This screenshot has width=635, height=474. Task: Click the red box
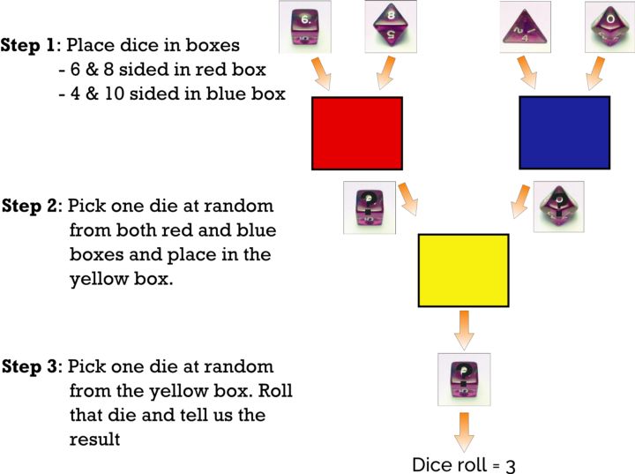point(357,132)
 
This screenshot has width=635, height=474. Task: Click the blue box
point(564,132)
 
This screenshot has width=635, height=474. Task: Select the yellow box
point(464,269)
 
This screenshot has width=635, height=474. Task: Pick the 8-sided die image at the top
point(391,26)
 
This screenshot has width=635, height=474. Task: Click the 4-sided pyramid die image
point(526,26)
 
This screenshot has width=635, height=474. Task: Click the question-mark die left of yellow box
point(369,207)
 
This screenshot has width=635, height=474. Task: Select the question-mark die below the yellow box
point(464,379)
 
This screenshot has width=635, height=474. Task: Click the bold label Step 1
point(29,45)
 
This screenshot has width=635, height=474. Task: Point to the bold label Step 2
point(29,207)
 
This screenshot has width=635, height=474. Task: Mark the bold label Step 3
point(29,366)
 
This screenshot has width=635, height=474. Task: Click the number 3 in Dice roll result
point(510,465)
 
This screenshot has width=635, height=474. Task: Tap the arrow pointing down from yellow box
point(464,328)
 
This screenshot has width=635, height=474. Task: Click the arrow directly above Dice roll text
point(464,432)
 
